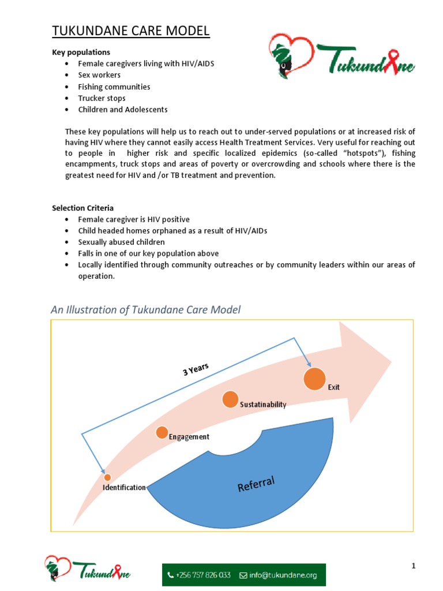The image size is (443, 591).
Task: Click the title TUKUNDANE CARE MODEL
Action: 131,31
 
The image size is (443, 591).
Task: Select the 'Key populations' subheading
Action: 81,53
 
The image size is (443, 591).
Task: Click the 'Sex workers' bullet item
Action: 99,75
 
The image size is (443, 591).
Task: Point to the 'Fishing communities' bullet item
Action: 114,87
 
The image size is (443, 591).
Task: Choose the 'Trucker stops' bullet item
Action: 102,98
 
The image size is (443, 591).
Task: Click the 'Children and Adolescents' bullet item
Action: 123,110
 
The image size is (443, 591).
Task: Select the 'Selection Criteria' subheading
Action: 82,208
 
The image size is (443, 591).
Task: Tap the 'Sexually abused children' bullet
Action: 121,242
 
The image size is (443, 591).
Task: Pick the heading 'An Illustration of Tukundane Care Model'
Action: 145,310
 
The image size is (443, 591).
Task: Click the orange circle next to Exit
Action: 314,379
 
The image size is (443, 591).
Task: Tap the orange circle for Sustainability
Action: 230,399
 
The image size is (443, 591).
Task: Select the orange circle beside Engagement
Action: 162,432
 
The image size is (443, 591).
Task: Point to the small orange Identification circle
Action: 107,477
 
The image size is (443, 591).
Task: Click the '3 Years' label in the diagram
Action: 196,369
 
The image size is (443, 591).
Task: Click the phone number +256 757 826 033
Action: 199,575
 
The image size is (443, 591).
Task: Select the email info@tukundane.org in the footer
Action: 279,575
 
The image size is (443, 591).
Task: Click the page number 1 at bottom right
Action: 413,566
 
